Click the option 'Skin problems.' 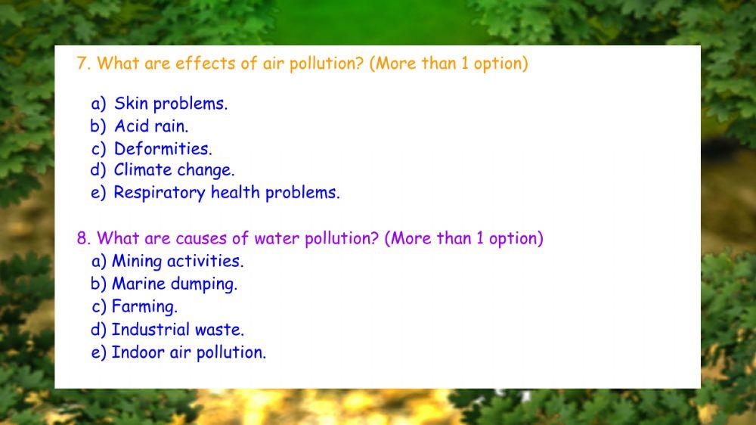[x=171, y=104]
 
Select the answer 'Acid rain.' [x=151, y=126]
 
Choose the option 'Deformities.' [x=163, y=148]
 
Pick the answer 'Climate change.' [x=174, y=170]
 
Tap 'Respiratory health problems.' [x=226, y=193]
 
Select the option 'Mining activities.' [x=178, y=262]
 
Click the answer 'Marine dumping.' [x=175, y=284]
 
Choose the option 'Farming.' [x=144, y=307]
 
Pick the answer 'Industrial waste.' [x=178, y=330]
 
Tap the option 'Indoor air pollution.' [x=188, y=352]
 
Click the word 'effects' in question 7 [x=206, y=64]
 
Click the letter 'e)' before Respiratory [x=98, y=193]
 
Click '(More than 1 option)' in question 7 [x=448, y=64]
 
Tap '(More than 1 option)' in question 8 [x=463, y=239]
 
